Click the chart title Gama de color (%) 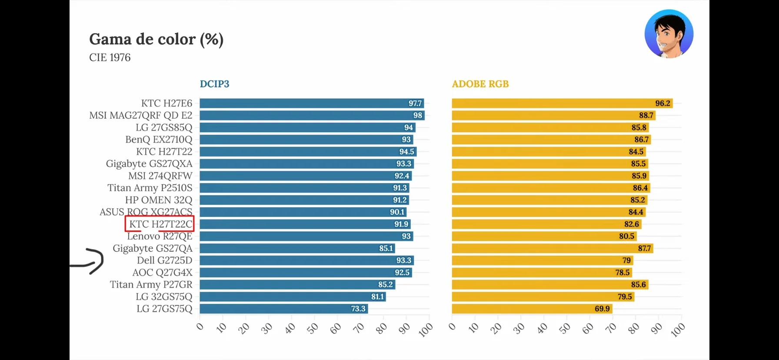pyautogui.click(x=156, y=40)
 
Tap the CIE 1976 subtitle pyautogui.click(x=110, y=57)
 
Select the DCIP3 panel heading pyautogui.click(x=214, y=84)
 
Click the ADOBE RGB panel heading pyautogui.click(x=480, y=84)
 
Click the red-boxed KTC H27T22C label pyautogui.click(x=160, y=224)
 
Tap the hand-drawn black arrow pyautogui.click(x=90, y=261)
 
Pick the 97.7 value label pyautogui.click(x=415, y=103)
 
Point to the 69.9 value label pyautogui.click(x=602, y=309)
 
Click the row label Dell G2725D pyautogui.click(x=164, y=260)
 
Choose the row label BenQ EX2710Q pyautogui.click(x=159, y=140)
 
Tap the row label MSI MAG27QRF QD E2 pyautogui.click(x=140, y=116)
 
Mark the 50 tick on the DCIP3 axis pyautogui.click(x=313, y=329)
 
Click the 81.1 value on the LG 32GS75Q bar pyautogui.click(x=377, y=297)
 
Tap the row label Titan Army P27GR pyautogui.click(x=151, y=285)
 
